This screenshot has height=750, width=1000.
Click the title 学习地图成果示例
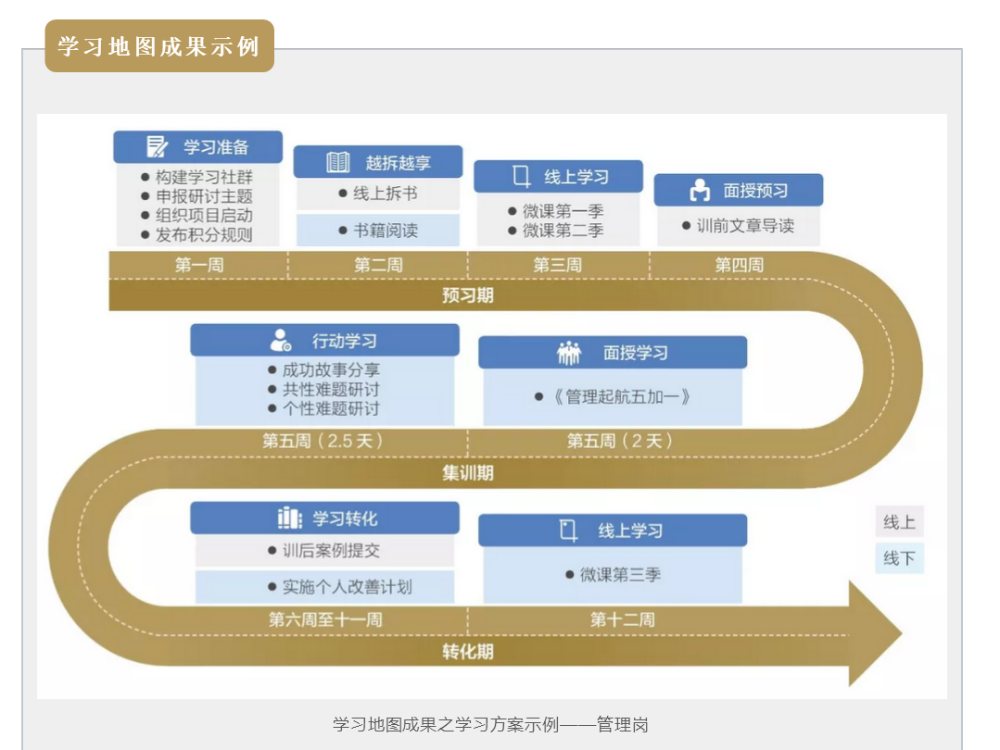coord(159,46)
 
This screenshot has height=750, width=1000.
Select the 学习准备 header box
coord(197,146)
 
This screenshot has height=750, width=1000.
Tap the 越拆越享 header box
coord(377,162)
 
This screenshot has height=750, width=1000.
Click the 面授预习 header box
coord(738,191)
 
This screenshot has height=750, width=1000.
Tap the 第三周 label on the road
coord(557,265)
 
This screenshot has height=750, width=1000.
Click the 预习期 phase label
coord(467,296)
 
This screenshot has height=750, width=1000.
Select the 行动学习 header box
coord(324,341)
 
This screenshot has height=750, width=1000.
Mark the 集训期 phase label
coord(467,473)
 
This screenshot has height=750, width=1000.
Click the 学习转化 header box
coord(324,519)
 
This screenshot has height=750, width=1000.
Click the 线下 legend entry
coord(899,558)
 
